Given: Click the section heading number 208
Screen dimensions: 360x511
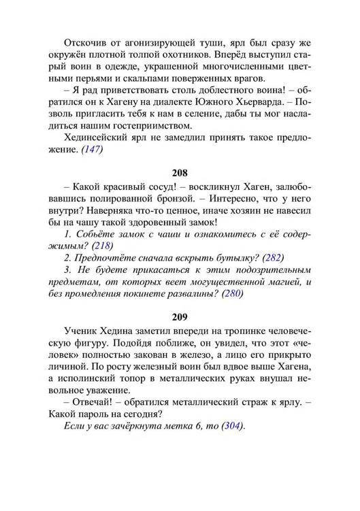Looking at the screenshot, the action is (180, 173).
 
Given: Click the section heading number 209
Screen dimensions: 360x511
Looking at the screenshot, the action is (180, 317).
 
